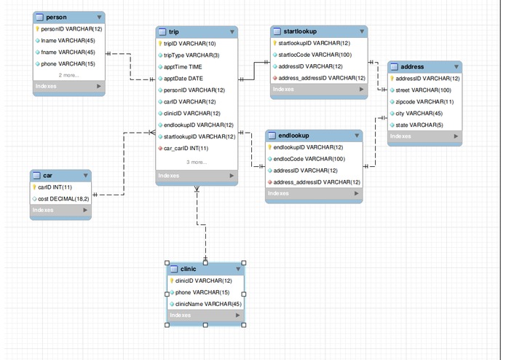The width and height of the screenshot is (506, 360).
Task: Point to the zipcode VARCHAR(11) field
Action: pyautogui.click(x=425, y=101)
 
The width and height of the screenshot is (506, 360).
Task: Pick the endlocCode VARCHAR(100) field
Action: pyautogui.click(x=308, y=158)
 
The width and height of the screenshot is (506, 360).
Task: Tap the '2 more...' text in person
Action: pyautogui.click(x=69, y=75)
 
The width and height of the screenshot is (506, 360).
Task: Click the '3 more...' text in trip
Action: pyautogui.click(x=197, y=162)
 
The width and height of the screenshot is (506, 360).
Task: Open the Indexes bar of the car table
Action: pyautogui.click(x=60, y=210)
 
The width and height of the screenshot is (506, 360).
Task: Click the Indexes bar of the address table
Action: pyautogui.click(x=424, y=136)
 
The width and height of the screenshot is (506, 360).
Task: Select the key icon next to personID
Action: pyautogui.click(x=36, y=29)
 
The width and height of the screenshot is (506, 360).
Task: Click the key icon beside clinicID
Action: pyautogui.click(x=171, y=281)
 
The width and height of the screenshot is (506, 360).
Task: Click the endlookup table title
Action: pyautogui.click(x=294, y=136)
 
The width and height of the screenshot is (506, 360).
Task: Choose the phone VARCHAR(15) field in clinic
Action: pyautogui.click(x=192, y=292)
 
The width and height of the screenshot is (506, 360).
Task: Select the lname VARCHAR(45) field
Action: pyautogui.click(x=69, y=41)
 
